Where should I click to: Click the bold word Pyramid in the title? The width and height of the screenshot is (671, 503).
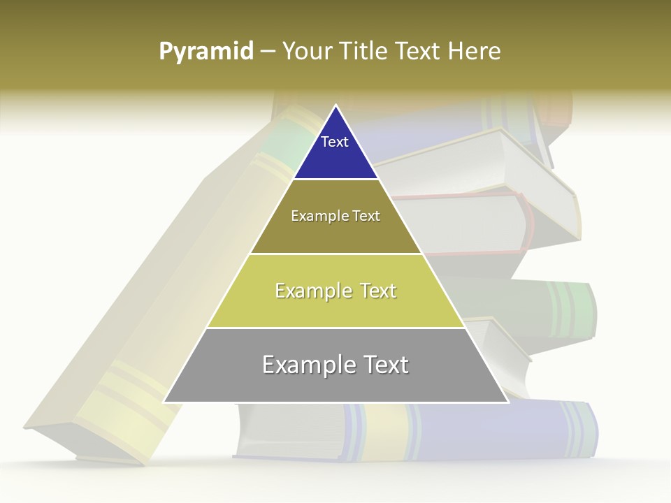coord(205,51)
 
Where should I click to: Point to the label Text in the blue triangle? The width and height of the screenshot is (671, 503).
coord(335,142)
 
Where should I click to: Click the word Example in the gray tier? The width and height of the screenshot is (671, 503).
coord(306,365)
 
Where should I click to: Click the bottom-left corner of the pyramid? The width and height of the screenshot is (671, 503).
coord(164,402)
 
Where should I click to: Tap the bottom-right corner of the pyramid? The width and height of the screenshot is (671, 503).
coord(508,402)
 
